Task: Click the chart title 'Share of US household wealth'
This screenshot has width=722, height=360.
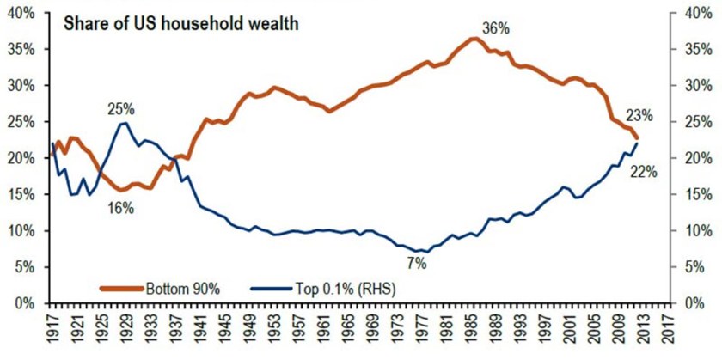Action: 180,23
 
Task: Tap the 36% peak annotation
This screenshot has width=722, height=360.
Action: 496,28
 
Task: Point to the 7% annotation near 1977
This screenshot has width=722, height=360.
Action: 417,263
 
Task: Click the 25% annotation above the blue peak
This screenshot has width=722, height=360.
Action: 121,109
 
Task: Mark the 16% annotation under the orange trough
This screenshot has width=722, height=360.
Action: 121,207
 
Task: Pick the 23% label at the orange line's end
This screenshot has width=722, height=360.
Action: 640,115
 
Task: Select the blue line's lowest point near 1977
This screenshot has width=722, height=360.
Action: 421,251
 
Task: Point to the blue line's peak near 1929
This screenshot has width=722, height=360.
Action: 125,123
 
